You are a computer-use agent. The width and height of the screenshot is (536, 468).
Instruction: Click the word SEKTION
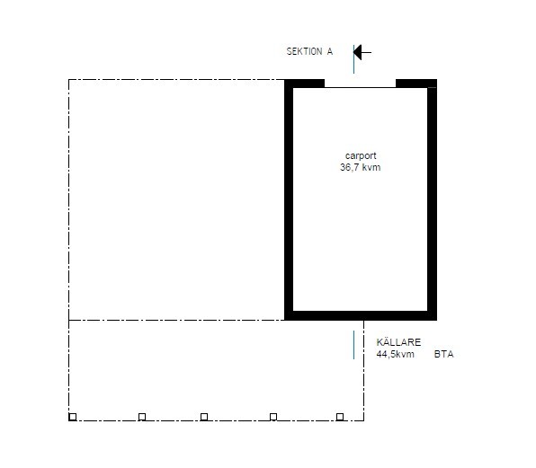point(304,51)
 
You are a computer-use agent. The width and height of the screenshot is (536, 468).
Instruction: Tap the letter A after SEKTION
point(329,51)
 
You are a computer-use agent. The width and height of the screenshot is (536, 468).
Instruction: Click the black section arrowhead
point(358,53)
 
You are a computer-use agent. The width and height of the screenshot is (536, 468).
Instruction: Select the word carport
point(361,156)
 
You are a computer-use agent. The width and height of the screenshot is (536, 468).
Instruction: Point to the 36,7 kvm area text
point(361,167)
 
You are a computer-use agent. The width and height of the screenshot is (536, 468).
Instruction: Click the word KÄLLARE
point(398,342)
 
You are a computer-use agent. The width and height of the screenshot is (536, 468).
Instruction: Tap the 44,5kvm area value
point(395,354)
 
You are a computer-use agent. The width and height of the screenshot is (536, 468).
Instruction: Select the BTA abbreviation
point(443,354)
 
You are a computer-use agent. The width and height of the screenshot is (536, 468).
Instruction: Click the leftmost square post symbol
point(73,417)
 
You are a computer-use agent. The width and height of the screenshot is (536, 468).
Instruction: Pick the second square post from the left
point(142,417)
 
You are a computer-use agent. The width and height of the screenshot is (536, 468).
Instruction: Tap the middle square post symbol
point(204,417)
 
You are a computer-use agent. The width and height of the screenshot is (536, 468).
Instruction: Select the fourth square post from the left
point(273,417)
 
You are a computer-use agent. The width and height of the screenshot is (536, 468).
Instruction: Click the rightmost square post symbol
point(340,417)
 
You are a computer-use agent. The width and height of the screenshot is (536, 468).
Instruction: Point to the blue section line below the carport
point(353,345)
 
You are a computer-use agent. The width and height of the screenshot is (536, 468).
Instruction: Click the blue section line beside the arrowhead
point(353,59)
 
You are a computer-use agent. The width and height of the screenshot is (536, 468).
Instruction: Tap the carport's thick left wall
point(289,199)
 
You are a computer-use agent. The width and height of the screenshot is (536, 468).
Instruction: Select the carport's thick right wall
point(432,199)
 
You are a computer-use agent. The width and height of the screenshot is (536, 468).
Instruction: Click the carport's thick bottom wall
point(361,316)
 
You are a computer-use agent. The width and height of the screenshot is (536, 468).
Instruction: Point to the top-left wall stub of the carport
point(305,84)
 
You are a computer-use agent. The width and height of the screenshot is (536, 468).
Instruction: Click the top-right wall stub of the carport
point(416,84)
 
